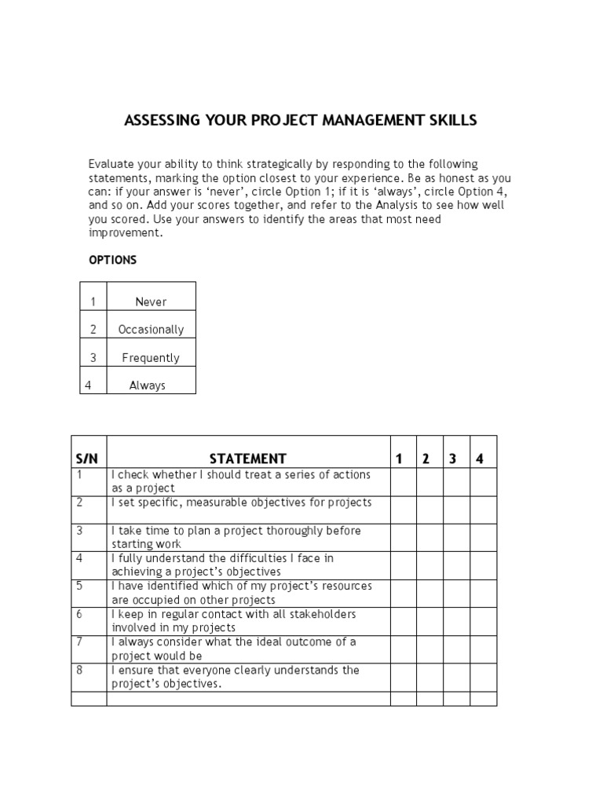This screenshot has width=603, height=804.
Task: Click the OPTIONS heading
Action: [112, 260]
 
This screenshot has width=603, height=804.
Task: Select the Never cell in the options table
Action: [151, 301]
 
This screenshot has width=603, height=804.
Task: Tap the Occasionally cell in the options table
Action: [151, 330]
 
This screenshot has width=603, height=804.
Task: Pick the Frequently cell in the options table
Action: [151, 358]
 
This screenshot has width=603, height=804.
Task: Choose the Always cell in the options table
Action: [147, 386]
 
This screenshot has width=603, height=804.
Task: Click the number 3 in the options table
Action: [93, 358]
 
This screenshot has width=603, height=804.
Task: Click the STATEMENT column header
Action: [247, 459]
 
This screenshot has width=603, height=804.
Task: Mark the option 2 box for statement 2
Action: [429, 510]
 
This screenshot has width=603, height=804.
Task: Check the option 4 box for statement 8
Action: [483, 677]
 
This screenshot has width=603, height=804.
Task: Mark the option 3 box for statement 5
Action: [456, 593]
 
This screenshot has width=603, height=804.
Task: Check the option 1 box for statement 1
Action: [403, 481]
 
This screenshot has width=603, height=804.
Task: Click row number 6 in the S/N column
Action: [79, 614]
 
